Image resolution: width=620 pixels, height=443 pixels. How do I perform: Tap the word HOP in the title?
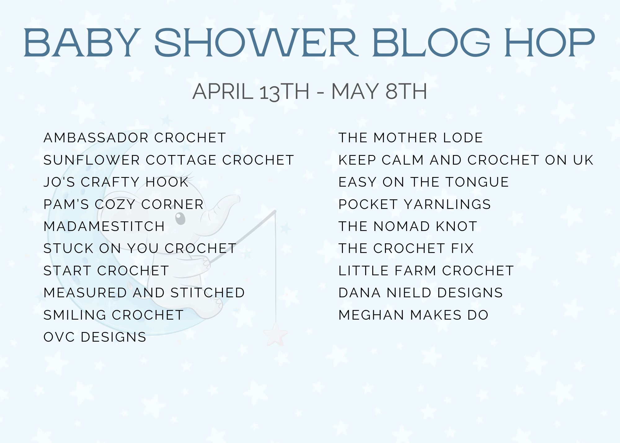[550, 43]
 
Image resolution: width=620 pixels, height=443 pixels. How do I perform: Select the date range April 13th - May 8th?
[310, 91]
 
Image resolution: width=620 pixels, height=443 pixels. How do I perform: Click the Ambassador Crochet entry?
[135, 138]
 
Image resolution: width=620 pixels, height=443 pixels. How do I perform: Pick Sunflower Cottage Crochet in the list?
[169, 160]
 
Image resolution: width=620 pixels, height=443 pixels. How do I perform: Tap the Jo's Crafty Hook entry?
[116, 182]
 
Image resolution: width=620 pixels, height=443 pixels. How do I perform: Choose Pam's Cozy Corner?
[123, 204]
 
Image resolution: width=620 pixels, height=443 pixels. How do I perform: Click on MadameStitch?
[104, 226]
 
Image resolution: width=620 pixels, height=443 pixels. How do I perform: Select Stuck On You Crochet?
[140, 248]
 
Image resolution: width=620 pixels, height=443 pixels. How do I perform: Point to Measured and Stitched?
[144, 293]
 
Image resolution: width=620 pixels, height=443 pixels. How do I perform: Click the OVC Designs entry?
[95, 337]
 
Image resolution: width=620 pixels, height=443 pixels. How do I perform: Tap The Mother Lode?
[411, 138]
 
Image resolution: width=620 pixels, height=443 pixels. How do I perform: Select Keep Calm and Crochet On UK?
[466, 160]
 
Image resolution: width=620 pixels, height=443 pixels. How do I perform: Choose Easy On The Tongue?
[423, 182]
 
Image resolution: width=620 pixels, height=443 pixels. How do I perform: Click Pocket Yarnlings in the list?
[415, 204]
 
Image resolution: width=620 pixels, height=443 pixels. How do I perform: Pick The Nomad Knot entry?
[408, 226]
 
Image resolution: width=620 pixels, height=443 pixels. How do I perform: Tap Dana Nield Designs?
[421, 293]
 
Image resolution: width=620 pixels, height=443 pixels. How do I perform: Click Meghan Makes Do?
[414, 315]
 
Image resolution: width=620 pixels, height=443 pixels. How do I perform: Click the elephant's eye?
[180, 218]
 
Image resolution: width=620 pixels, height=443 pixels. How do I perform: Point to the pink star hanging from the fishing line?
[276, 334]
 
